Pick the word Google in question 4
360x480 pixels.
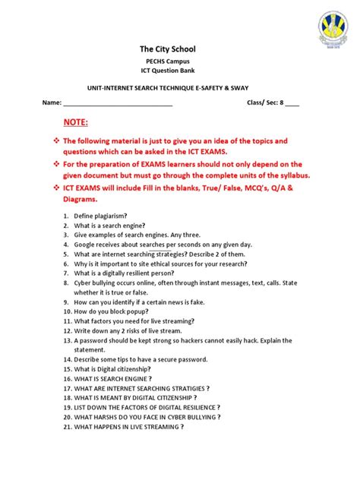[x=86, y=245]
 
